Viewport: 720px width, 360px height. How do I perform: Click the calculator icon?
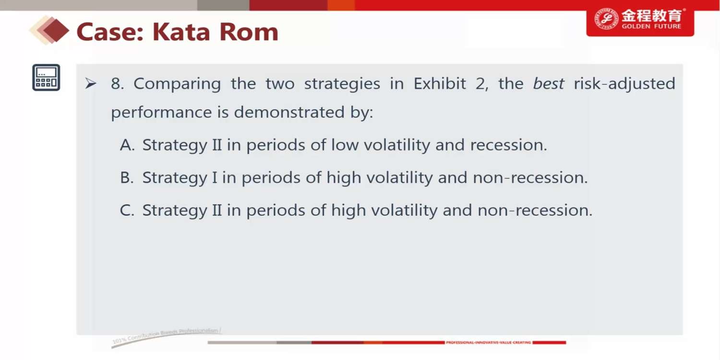[46, 77]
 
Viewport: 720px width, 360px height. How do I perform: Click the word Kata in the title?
[181, 32]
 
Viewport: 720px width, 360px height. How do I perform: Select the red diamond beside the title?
[55, 31]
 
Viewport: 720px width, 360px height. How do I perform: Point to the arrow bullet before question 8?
[91, 84]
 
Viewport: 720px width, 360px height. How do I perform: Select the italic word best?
[548, 84]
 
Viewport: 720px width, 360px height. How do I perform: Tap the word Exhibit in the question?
[439, 84]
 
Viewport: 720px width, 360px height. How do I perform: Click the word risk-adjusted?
[624, 84]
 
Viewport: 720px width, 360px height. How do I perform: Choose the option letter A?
[127, 145]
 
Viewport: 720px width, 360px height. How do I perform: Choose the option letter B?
[127, 178]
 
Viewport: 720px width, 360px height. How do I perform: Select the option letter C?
[127, 210]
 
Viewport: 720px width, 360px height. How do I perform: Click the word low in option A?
[345, 145]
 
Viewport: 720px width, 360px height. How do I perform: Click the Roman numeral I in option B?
[215, 178]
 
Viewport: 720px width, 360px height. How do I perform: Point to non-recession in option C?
[535, 211]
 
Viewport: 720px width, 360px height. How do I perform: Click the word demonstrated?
[289, 112]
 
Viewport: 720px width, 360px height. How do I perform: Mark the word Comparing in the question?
[177, 84]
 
